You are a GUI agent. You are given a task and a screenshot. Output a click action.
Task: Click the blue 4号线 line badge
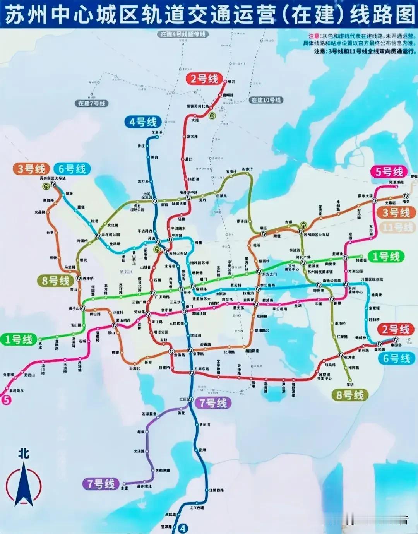[143, 122]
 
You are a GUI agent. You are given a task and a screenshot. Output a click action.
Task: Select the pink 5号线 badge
[389, 172]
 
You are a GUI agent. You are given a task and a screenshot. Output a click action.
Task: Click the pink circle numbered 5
[6, 400]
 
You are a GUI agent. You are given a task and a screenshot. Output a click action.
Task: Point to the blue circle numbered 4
[183, 528]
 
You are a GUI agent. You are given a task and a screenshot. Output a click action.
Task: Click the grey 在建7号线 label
[91, 103]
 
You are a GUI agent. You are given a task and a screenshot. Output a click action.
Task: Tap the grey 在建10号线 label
[266, 100]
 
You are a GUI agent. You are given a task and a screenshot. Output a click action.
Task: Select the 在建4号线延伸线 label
[183, 34]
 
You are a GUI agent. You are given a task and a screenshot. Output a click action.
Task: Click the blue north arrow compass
[24, 484]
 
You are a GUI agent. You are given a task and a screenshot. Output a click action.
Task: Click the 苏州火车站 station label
[178, 253]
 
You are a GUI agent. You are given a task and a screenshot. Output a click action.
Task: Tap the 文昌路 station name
[39, 212]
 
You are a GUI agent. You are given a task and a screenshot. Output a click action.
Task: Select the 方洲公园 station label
[355, 271]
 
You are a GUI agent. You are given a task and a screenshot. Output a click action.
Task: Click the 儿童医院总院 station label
[372, 279]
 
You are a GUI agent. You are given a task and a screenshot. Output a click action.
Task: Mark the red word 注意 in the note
[314, 36]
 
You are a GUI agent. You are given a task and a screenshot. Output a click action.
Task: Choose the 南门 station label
[189, 306]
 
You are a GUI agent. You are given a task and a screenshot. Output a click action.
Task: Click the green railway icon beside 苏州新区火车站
[47, 186]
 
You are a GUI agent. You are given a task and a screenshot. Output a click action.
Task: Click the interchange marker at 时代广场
[303, 262]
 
